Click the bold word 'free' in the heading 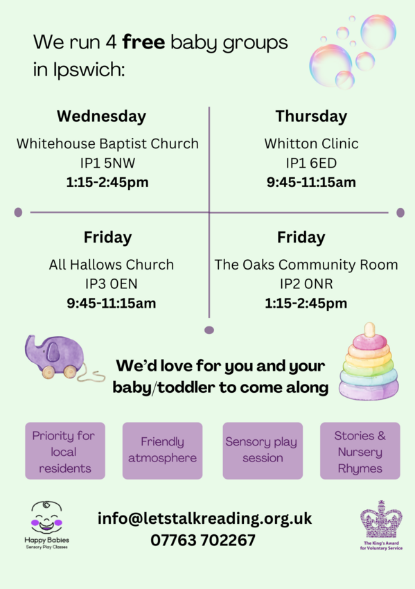point(143,43)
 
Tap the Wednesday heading point(101,116)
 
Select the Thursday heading point(311,116)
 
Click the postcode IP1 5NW point(107,164)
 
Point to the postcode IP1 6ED point(311,164)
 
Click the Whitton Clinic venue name point(311,144)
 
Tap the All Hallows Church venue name point(112,265)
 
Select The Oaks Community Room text point(306,265)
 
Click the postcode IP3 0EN point(112,284)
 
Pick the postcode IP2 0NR point(306,284)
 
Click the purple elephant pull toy point(54,357)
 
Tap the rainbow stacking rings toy point(369,364)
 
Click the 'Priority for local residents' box point(65,452)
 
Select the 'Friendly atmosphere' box point(162,450)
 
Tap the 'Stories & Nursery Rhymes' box point(360,452)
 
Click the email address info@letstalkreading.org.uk point(204,518)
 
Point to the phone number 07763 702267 point(203,540)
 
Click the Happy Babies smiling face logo point(46,518)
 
